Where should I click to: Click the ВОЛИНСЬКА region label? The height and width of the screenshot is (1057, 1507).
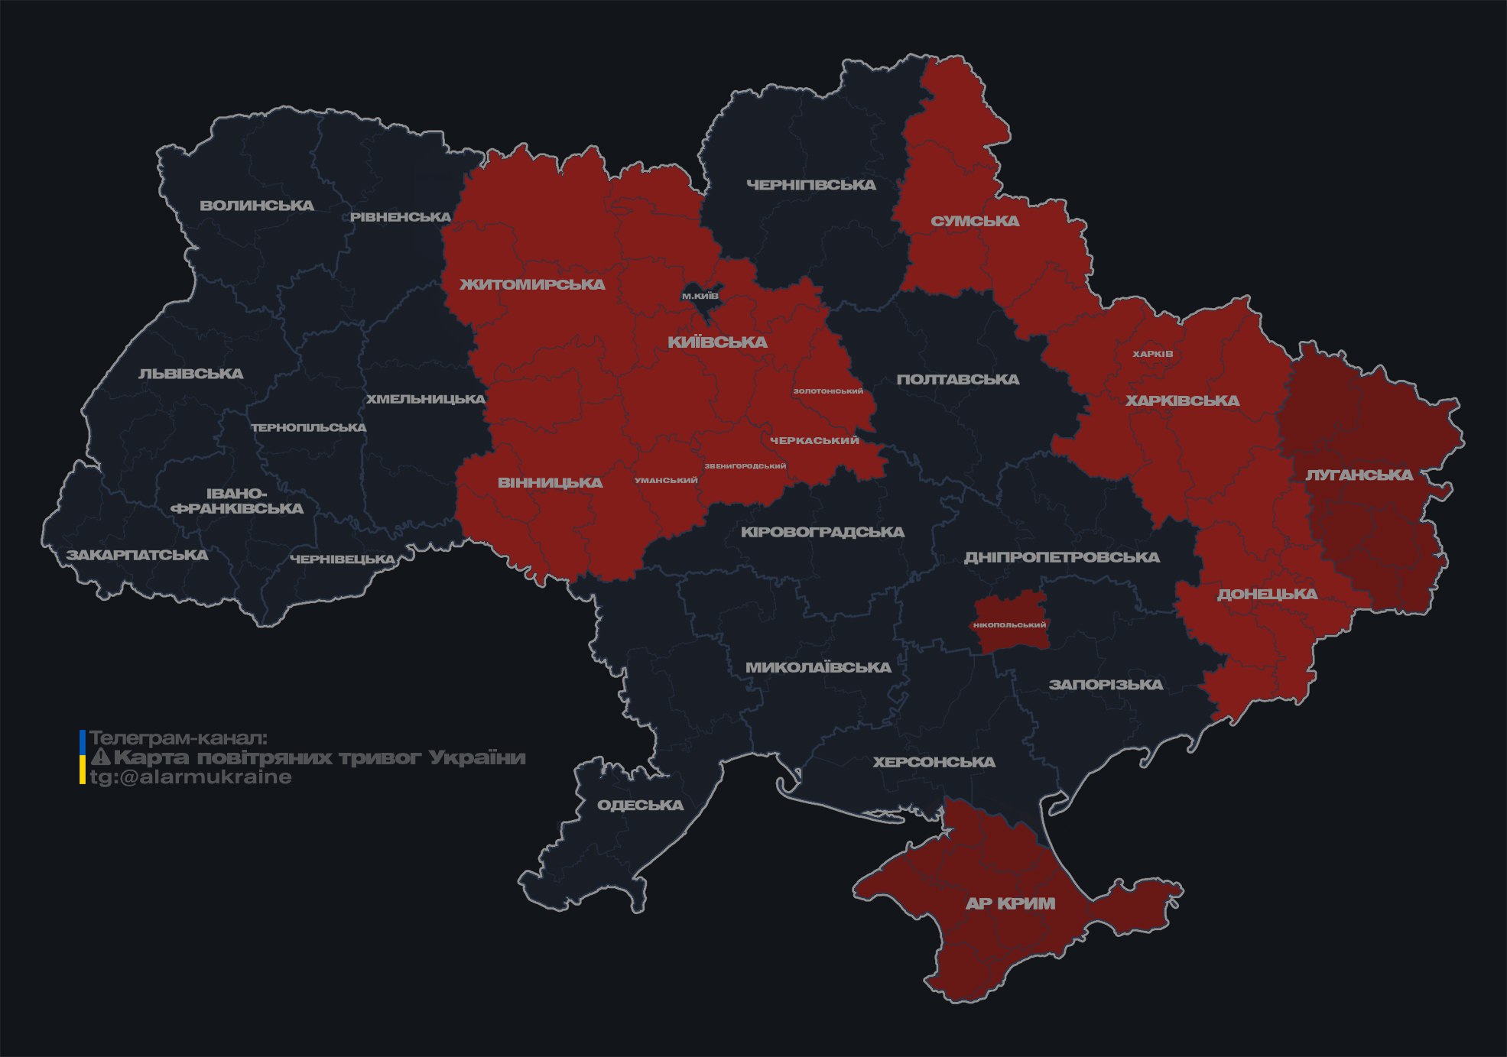[257, 206]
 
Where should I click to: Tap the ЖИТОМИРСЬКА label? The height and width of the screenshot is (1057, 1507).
[532, 284]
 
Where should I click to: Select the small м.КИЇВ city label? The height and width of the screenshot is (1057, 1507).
[700, 296]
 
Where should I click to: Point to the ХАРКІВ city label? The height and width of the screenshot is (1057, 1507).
[1152, 354]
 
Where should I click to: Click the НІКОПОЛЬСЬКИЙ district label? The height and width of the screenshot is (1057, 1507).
[1009, 624]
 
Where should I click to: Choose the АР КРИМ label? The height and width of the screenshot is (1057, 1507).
[1010, 903]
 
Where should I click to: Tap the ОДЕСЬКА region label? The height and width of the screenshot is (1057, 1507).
[640, 805]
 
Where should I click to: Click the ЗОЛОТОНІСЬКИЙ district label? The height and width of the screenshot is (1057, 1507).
[828, 391]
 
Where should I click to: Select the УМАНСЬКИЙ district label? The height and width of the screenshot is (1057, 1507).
[666, 481]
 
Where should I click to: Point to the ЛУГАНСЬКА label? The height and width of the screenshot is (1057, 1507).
[1359, 475]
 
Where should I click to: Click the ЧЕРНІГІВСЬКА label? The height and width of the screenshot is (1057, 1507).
[810, 185]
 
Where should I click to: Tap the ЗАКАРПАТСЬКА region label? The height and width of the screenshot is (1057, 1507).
[137, 555]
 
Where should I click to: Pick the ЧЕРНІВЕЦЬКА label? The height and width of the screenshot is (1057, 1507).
[343, 559]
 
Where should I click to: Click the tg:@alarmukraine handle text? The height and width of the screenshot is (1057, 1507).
[190, 777]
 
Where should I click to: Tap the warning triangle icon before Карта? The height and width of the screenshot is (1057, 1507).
[101, 757]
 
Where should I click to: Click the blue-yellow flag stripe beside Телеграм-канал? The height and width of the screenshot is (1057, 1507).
[83, 757]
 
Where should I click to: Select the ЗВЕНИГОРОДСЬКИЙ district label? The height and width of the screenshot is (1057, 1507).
[745, 466]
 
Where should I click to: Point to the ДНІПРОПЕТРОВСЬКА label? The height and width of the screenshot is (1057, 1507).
[1061, 557]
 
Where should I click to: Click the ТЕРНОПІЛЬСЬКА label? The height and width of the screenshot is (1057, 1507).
[309, 427]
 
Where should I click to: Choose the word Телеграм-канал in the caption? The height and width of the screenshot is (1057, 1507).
[178, 738]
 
